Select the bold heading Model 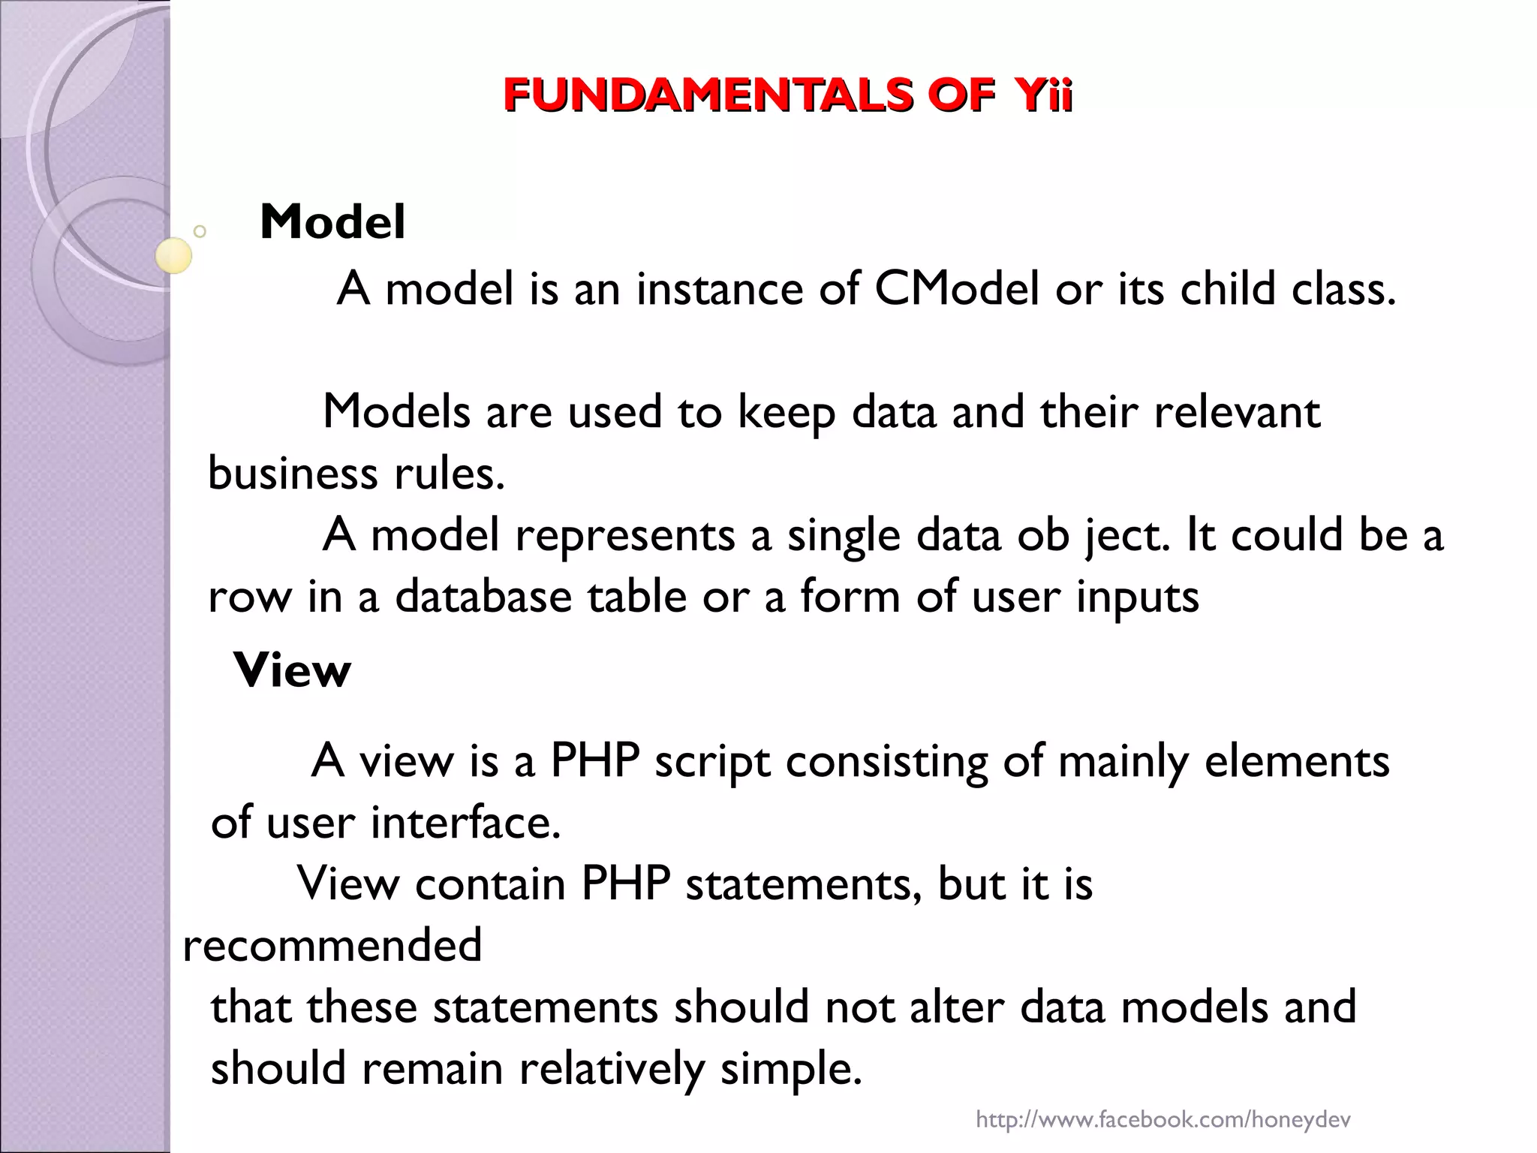[332, 222]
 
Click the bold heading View [293, 670]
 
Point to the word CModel [957, 289]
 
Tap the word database [483, 598]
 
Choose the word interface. [465, 823]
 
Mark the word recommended [332, 945]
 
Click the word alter [956, 1007]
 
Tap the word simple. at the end [791, 1069]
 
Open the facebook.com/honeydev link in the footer [1163, 1120]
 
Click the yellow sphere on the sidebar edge [174, 256]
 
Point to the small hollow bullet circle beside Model [200, 231]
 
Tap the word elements [1296, 762]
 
